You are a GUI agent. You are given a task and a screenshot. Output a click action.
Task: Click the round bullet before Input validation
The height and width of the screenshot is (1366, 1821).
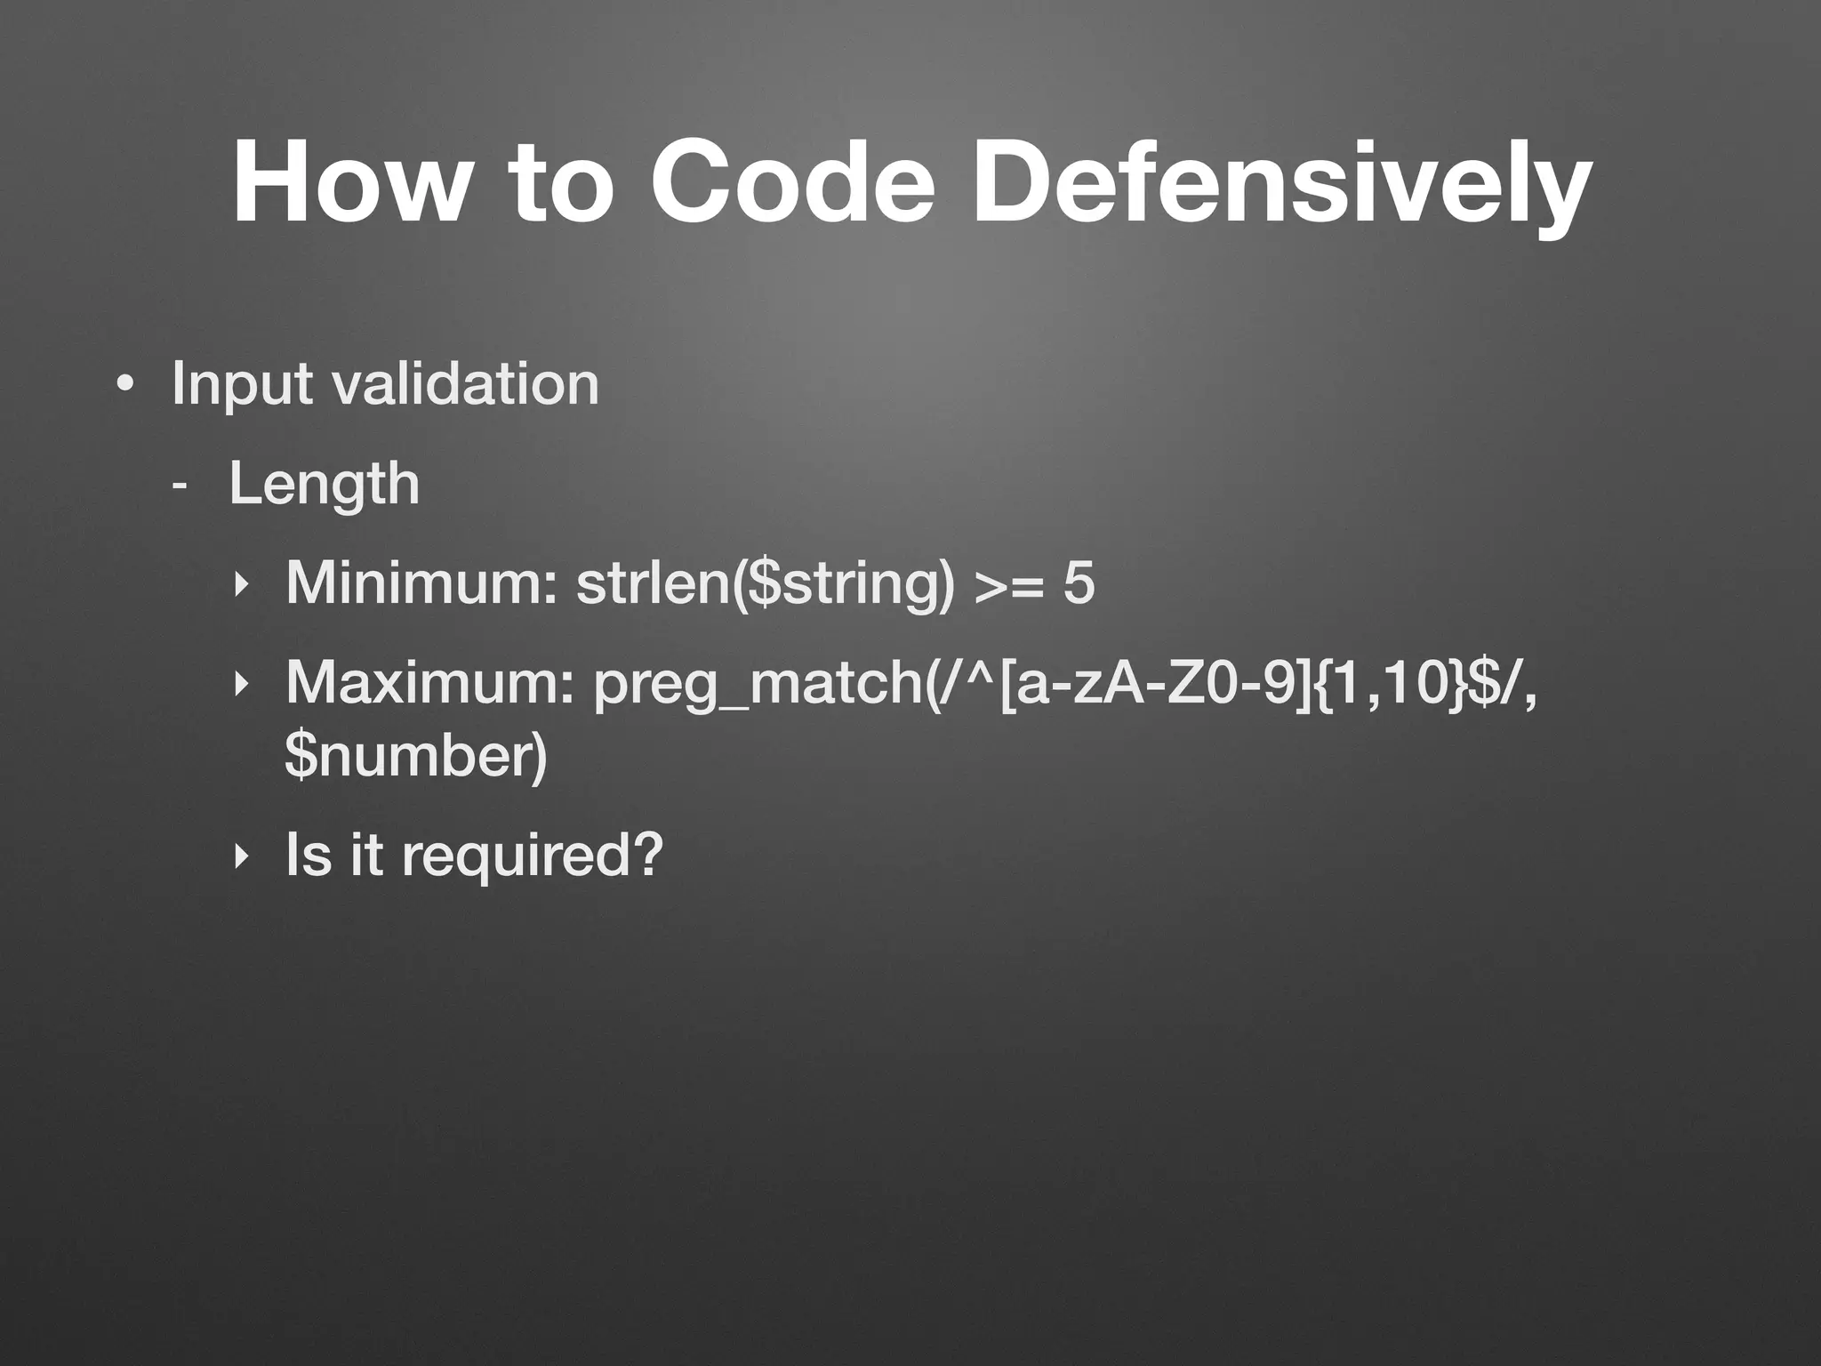(x=125, y=386)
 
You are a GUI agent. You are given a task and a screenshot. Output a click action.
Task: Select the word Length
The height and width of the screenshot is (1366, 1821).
(x=324, y=485)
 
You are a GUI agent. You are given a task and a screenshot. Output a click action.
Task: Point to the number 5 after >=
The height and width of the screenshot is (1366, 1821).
(x=1079, y=583)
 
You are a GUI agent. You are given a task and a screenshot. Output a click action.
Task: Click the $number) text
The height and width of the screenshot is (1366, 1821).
(x=416, y=755)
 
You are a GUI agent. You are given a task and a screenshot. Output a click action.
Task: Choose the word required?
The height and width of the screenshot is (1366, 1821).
(x=533, y=856)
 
